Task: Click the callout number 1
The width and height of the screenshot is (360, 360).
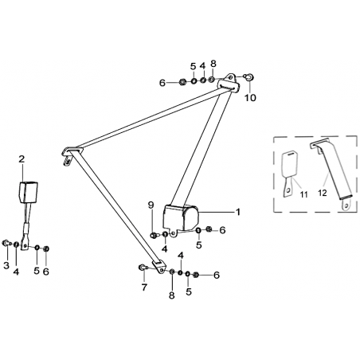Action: click(238, 212)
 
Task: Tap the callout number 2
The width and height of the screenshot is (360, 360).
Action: click(22, 159)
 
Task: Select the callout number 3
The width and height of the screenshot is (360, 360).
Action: click(6, 265)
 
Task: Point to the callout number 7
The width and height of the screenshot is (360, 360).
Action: click(144, 287)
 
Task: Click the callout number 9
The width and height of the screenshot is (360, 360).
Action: click(151, 205)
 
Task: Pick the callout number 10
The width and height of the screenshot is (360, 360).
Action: click(250, 98)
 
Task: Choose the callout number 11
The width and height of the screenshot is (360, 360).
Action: click(303, 194)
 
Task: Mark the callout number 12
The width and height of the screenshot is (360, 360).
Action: click(323, 193)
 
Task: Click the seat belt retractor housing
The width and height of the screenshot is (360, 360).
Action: click(181, 218)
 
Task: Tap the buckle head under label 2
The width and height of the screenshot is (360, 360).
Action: click(28, 192)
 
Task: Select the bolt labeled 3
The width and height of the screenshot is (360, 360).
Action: click(6, 243)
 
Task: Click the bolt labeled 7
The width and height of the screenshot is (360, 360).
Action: click(142, 268)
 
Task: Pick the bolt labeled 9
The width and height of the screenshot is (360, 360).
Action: click(154, 235)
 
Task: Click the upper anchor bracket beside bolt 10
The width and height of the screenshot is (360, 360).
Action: click(229, 83)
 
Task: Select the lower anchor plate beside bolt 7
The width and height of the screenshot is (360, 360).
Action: click(159, 266)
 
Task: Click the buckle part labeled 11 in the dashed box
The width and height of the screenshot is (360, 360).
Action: click(289, 174)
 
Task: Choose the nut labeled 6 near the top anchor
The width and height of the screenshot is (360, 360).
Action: click(182, 82)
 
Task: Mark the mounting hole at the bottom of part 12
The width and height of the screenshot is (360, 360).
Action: click(346, 205)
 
